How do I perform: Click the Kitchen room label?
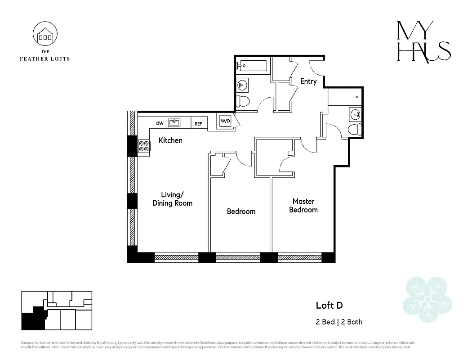pos(170,140)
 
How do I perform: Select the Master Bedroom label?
pos(303,206)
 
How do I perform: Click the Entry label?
pos(308,81)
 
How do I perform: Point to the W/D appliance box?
pos(225,121)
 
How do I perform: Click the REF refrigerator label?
pos(198,123)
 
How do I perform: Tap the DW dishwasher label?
pos(160,123)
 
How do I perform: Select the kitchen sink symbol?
pos(174,122)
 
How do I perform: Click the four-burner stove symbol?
pos(144,146)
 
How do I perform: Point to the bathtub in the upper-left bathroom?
pos(252,66)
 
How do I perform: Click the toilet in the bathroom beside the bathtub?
pos(243,101)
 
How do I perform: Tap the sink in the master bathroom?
pos(355,114)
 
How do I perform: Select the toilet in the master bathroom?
pos(355,130)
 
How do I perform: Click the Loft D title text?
pos(329,306)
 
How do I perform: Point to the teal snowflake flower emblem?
pos(427,297)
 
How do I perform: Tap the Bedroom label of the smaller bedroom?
pos(241,211)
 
